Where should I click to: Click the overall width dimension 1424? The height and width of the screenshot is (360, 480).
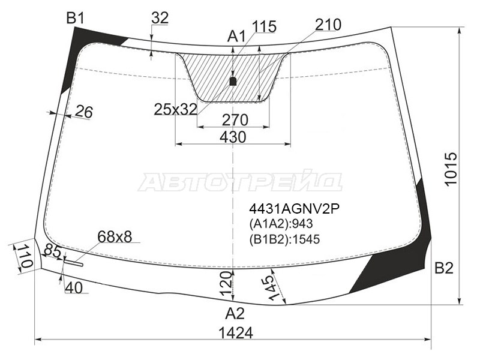[x=236, y=333]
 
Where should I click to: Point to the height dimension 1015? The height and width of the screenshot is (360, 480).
[x=451, y=169]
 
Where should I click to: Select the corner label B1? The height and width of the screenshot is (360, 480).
[x=76, y=19]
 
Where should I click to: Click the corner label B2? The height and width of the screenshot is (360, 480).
[x=444, y=268]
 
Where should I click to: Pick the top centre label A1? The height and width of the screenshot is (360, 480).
[x=236, y=37]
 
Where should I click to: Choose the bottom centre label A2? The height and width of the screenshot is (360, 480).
[x=235, y=314]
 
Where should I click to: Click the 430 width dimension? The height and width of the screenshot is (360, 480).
[x=233, y=137]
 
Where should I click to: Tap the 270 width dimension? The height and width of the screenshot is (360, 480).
[x=235, y=120]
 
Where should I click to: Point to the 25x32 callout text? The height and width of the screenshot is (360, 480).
[x=175, y=109]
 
